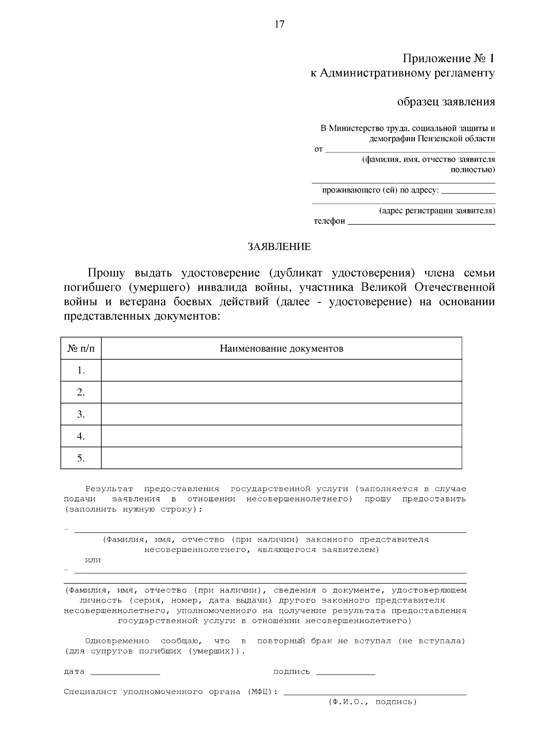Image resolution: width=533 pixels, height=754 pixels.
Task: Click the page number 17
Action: [x=279, y=24]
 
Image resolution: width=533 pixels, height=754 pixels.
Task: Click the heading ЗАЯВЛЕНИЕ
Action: [x=279, y=247]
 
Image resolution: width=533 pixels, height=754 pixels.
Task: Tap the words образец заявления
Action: [x=445, y=102]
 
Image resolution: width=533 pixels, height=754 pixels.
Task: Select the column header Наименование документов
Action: [x=281, y=349]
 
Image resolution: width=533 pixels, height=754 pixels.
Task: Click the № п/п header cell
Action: [x=81, y=349]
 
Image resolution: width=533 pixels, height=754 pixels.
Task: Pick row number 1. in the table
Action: [x=81, y=370]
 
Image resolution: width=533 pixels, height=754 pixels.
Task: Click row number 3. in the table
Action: [x=81, y=414]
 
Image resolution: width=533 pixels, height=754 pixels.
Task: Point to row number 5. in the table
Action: [x=81, y=458]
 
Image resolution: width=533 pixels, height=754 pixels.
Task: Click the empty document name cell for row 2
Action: [x=281, y=392]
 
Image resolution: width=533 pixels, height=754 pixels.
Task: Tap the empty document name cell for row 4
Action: [x=281, y=436]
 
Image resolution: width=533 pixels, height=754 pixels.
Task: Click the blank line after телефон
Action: [x=421, y=223]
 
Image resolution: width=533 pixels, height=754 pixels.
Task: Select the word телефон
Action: [x=329, y=221]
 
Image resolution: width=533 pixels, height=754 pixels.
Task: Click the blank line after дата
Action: [x=125, y=674]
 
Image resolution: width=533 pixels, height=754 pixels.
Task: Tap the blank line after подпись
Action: [x=345, y=674]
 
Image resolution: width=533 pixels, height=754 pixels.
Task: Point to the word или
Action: [x=93, y=560]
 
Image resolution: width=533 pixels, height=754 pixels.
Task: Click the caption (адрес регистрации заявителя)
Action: [x=437, y=210]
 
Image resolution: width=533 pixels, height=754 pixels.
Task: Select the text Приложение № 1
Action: [x=448, y=59]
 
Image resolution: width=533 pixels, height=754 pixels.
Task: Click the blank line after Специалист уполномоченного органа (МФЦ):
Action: [x=375, y=693]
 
